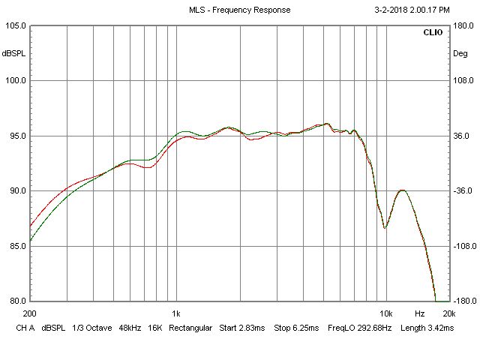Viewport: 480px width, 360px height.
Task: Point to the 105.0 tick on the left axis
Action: (x=16, y=25)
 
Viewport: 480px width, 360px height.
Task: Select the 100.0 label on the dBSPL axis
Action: (x=16, y=81)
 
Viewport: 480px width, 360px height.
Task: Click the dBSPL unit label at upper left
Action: (x=14, y=53)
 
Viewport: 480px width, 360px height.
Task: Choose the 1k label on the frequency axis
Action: (x=175, y=313)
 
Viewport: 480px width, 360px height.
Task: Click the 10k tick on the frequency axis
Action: (x=385, y=313)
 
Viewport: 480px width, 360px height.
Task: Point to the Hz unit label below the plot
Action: (x=420, y=313)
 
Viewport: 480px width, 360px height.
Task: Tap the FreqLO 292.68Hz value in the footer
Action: (x=355, y=328)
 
